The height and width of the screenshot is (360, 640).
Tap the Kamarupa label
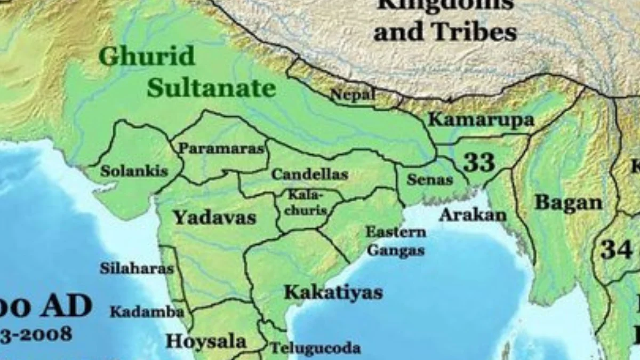(x=481, y=120)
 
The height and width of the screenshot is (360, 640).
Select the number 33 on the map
(x=478, y=162)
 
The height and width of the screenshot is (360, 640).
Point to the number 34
(x=616, y=249)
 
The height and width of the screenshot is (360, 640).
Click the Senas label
(x=429, y=180)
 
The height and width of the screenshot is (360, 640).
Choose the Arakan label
(x=473, y=215)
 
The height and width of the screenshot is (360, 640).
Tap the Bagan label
(x=568, y=203)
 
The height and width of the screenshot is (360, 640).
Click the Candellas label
(x=309, y=174)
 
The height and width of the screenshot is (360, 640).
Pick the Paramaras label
(x=221, y=148)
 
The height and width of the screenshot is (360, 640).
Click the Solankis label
(x=134, y=171)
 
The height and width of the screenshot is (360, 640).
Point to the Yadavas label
(x=214, y=217)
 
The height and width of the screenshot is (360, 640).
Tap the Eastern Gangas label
(x=396, y=241)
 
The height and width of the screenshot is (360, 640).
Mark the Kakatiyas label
(x=333, y=292)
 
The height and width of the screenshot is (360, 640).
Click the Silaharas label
(x=137, y=268)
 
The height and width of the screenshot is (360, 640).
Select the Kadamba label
(x=147, y=312)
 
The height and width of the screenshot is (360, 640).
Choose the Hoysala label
(x=205, y=341)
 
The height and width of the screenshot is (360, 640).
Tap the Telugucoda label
(x=315, y=348)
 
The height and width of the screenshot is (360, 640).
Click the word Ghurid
(x=147, y=56)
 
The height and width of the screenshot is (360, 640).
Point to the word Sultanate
(x=211, y=87)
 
